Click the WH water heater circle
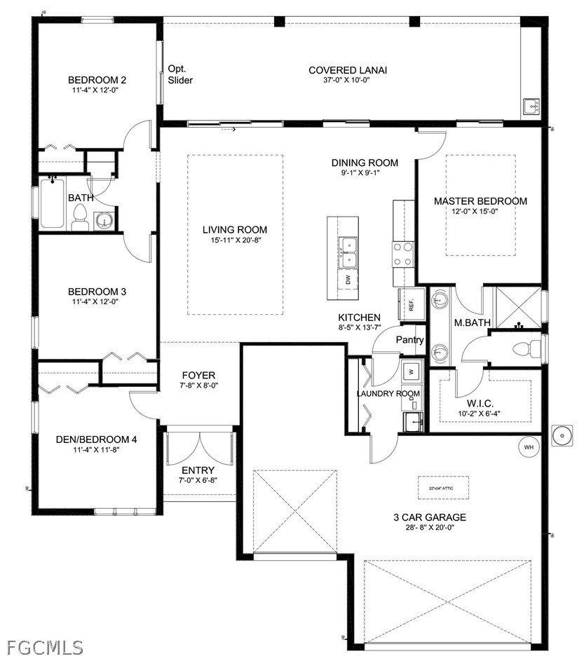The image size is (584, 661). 529,447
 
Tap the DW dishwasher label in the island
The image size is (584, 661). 348,280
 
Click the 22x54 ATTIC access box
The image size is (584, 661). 443,488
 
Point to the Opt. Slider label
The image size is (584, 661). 180,74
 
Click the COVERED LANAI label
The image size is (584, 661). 348,70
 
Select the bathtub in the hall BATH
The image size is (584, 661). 53,203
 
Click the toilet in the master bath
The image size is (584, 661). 527,348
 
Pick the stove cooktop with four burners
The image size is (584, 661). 403,254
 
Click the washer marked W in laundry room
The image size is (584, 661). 412,372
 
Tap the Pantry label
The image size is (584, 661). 410,340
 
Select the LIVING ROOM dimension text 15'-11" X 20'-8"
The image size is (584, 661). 234,240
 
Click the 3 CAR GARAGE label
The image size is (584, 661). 430,517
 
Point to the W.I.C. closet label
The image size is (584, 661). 480,404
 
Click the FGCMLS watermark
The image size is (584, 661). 45,648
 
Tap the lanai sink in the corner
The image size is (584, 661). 532,107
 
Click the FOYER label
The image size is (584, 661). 198,375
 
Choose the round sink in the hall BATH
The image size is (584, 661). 103,221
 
